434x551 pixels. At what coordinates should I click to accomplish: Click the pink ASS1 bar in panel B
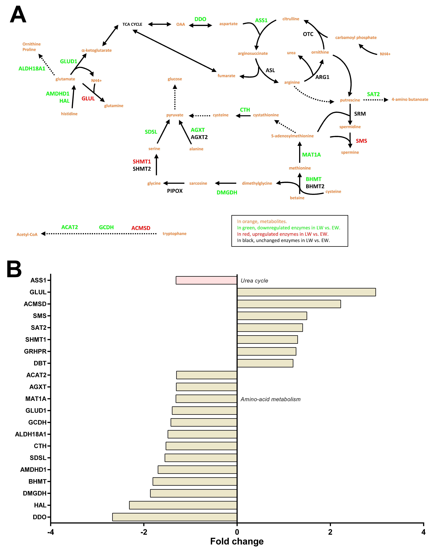point(206,280)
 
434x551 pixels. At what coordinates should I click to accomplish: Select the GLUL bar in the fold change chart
point(306,292)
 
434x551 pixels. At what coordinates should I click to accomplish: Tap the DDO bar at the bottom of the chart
point(175,517)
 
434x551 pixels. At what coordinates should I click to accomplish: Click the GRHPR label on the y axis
point(35,351)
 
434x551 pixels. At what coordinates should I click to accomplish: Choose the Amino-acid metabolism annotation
point(270,399)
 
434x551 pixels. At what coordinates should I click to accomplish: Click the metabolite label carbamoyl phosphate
point(356,38)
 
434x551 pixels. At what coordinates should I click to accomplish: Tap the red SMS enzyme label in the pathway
point(361,141)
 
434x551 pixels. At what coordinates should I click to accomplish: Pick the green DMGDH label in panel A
point(227,192)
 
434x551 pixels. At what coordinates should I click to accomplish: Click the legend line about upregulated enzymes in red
point(283,234)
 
